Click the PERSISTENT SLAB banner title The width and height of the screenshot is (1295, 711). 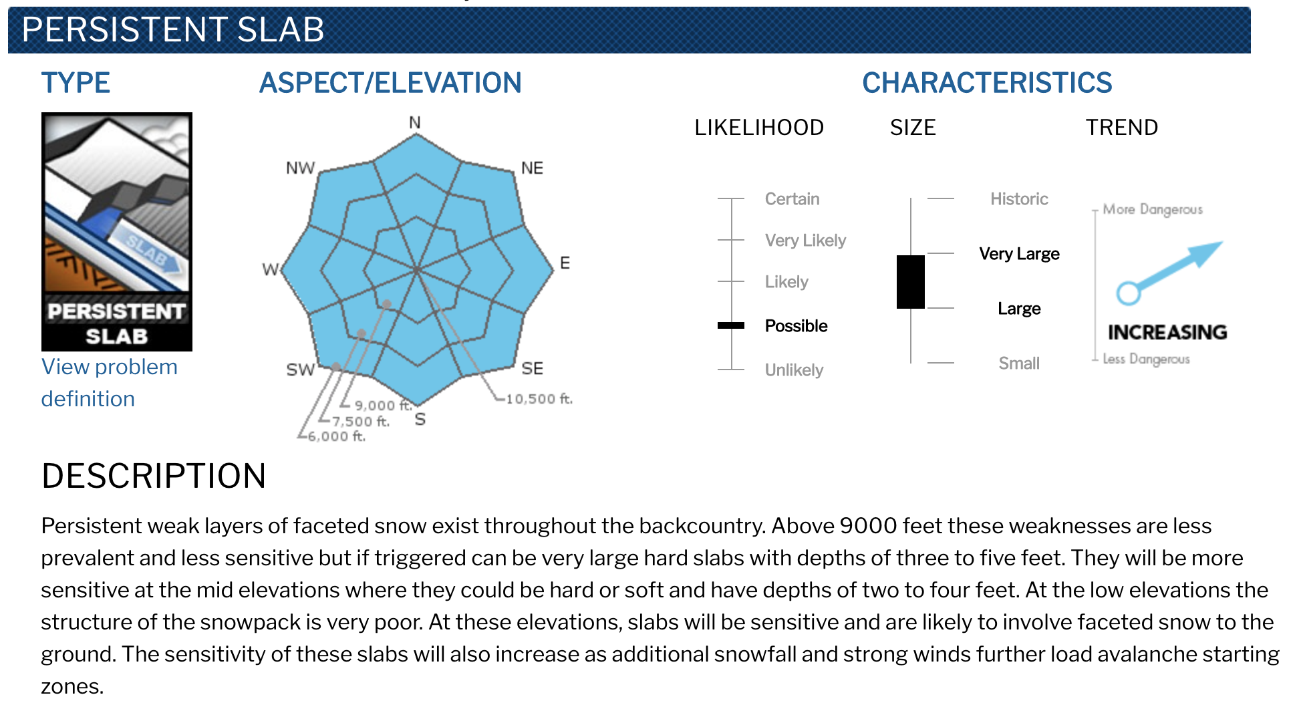click(173, 30)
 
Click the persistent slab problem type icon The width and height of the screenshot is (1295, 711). click(117, 232)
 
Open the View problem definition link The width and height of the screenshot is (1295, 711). click(110, 383)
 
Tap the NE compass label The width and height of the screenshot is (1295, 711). click(532, 168)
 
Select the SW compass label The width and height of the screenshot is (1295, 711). click(300, 370)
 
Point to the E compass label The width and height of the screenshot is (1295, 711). click(565, 263)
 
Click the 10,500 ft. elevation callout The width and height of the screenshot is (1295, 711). click(539, 399)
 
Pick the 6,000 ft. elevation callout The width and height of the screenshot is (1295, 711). click(336, 436)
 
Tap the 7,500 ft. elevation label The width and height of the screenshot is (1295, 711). click(361, 421)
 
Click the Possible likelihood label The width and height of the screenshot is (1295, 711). click(796, 326)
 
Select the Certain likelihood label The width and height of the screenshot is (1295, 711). click(792, 199)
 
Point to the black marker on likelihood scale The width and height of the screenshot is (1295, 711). click(731, 325)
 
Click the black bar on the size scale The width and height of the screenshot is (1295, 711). click(911, 282)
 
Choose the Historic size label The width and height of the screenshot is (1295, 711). click(1019, 199)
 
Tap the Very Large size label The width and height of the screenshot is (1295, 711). click(1019, 254)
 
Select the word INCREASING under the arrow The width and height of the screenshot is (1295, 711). click(1167, 332)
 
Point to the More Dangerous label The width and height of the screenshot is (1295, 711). click(1153, 209)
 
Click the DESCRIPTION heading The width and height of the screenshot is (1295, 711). click(154, 476)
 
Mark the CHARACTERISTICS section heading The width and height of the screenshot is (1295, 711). click(987, 83)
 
